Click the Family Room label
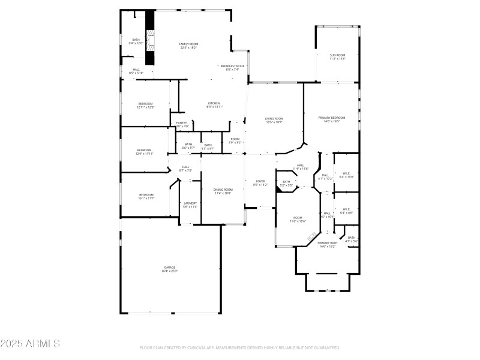pyautogui.click(x=189, y=44)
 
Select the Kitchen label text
pyautogui.click(x=214, y=103)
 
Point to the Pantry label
pyautogui.click(x=181, y=122)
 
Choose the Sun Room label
pyautogui.click(x=337, y=55)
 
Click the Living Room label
pyautogui.click(x=274, y=118)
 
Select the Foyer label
pyautogui.click(x=260, y=181)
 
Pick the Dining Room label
pyautogui.click(x=223, y=190)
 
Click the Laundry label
pyautogui.click(x=190, y=203)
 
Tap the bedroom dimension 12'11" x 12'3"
pyautogui.click(x=146, y=107)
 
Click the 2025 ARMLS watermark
pyautogui.click(x=30, y=344)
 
